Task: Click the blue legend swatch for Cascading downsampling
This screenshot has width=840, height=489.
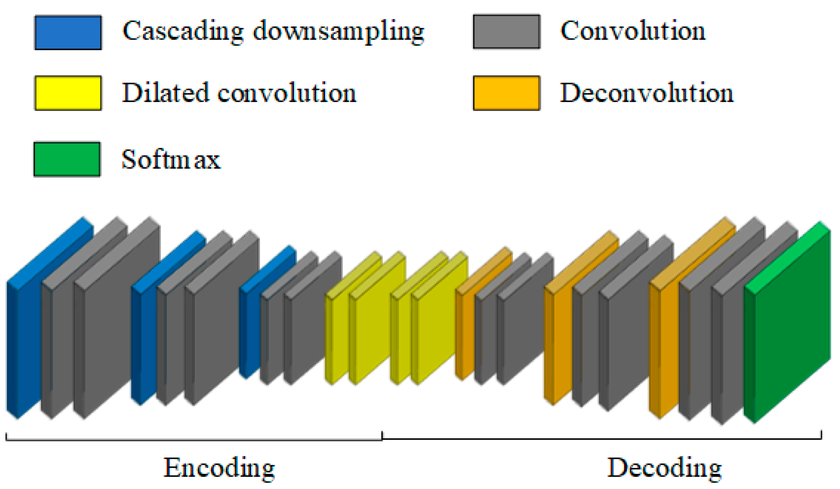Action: point(68,33)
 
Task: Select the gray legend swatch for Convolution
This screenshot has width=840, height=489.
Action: point(506,32)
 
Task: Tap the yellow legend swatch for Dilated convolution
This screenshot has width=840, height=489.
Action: point(68,93)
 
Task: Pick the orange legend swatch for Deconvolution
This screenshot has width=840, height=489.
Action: point(506,93)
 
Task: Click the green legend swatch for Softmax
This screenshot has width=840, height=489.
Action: point(67,159)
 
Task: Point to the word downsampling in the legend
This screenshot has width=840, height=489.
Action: point(338,32)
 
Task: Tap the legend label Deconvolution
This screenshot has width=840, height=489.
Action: point(646,92)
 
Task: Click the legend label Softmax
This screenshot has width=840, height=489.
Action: point(171,159)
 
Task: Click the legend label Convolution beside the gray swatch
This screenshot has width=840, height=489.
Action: point(633,31)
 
